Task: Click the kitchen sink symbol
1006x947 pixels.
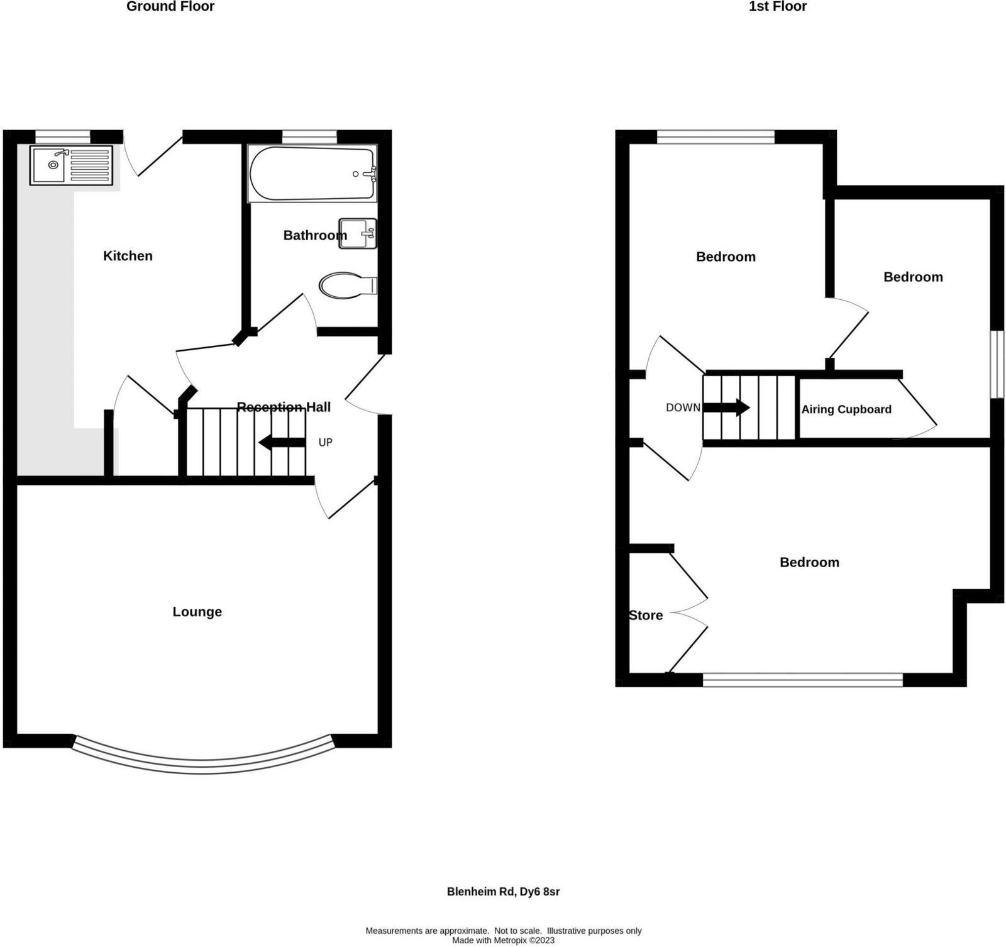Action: click(x=71, y=165)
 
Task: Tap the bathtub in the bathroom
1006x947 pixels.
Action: click(x=312, y=174)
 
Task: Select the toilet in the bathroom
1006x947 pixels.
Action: click(x=346, y=285)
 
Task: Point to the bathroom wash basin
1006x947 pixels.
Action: click(x=357, y=233)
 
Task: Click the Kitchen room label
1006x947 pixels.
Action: click(x=128, y=256)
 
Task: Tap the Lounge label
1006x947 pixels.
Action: click(x=197, y=612)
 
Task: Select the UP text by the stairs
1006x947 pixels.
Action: click(x=325, y=443)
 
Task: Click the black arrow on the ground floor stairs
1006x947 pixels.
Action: click(x=282, y=443)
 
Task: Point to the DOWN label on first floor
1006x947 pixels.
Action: click(x=683, y=407)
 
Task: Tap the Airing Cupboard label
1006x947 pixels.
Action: click(x=846, y=409)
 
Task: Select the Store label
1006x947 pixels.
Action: click(x=646, y=616)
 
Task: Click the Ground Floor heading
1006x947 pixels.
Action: click(x=170, y=7)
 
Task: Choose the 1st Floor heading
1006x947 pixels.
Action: click(x=777, y=7)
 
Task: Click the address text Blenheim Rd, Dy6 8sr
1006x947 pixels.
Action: click(x=503, y=892)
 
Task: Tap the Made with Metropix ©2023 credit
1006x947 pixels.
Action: click(x=503, y=941)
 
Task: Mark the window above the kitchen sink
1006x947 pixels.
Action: click(x=62, y=136)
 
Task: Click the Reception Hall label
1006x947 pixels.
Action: click(x=284, y=407)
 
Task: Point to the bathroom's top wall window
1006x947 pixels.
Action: click(x=309, y=136)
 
